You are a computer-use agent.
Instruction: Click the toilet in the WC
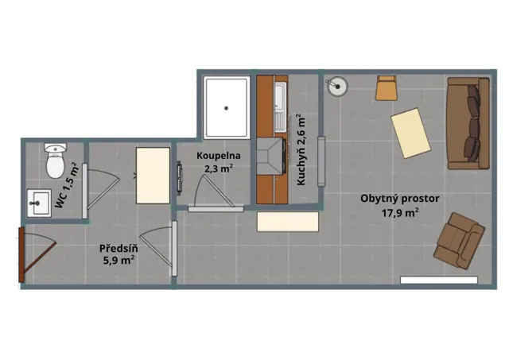(x=56, y=161)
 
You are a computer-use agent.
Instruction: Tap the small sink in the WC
(x=39, y=203)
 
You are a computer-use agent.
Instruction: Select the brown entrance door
(x=21, y=254)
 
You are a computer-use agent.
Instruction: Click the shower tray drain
(x=226, y=108)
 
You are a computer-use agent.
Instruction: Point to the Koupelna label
(x=219, y=156)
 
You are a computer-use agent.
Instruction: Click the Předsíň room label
(x=119, y=249)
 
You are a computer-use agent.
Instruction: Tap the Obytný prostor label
(x=400, y=199)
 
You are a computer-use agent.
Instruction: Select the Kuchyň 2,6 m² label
(x=301, y=149)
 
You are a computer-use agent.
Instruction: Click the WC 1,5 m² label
(x=67, y=185)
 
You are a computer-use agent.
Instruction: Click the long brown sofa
(x=468, y=123)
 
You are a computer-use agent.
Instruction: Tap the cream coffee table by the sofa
(x=410, y=133)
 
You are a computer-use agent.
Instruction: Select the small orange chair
(x=387, y=88)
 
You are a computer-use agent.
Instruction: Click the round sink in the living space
(x=337, y=87)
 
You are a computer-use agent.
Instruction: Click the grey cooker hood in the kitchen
(x=270, y=157)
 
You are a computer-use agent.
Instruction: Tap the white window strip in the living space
(x=439, y=280)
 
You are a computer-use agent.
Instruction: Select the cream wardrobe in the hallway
(x=153, y=176)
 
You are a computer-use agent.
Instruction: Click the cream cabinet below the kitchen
(x=288, y=222)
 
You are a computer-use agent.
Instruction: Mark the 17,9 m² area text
(x=400, y=213)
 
